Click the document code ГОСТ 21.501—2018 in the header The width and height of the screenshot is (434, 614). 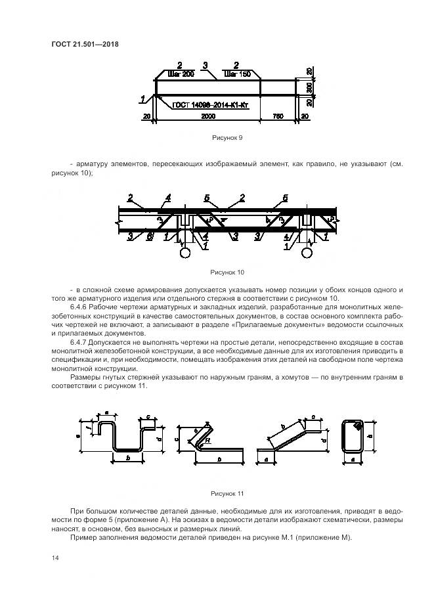click(88, 45)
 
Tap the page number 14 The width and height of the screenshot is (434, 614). click(55, 558)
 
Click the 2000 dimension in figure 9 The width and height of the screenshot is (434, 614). click(208, 116)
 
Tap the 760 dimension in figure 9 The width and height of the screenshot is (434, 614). click(277, 116)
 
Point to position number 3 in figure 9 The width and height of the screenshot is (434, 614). click(206, 65)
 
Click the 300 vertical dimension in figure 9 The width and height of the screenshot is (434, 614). click(309, 87)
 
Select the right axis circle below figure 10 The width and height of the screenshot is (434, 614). click(306, 252)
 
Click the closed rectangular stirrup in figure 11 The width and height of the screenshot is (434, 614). click(353, 435)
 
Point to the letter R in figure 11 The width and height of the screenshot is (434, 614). click(207, 442)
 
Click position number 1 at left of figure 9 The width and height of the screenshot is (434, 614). click(142, 99)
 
